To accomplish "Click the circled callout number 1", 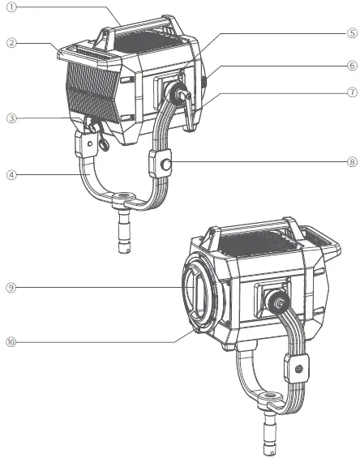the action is pyautogui.click(x=11, y=7).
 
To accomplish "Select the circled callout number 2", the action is pyautogui.click(x=11, y=43).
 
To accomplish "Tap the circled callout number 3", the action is pyautogui.click(x=11, y=118).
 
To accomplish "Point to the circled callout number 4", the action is pyautogui.click(x=11, y=175).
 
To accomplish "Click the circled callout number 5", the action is pyautogui.click(x=353, y=33).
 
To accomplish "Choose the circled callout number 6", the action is pyautogui.click(x=353, y=66).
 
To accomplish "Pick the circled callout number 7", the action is pyautogui.click(x=353, y=92).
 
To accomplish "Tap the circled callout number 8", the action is pyautogui.click(x=353, y=162).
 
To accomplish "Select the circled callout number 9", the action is pyautogui.click(x=11, y=288).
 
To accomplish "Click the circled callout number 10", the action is pyautogui.click(x=11, y=342).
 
